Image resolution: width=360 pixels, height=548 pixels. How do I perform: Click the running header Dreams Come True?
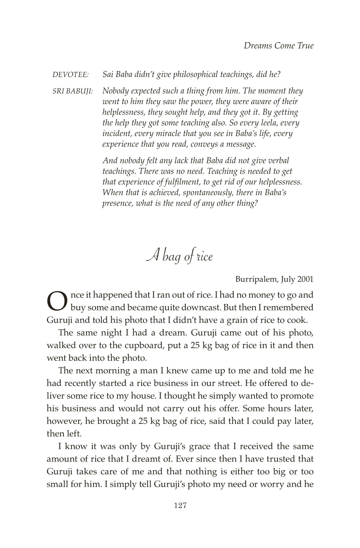(x=279, y=46)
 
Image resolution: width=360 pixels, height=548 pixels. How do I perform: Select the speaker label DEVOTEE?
(x=71, y=75)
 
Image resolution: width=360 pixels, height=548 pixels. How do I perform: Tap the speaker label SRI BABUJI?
(x=73, y=91)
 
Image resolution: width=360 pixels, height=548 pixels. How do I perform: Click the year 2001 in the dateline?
(x=305, y=279)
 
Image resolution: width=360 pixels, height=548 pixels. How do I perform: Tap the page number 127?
(x=180, y=506)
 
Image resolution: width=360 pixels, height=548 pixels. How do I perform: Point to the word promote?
(x=296, y=396)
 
